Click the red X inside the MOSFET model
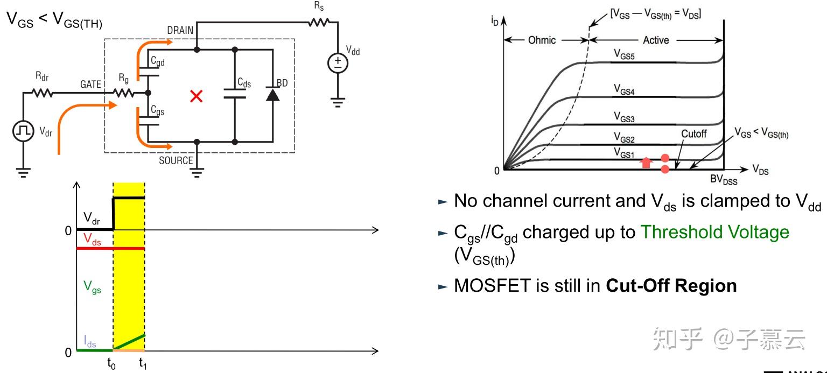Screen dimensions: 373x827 [197, 97]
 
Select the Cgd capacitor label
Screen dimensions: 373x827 [158, 62]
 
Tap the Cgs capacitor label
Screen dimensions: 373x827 [158, 111]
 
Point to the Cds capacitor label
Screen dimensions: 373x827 [245, 82]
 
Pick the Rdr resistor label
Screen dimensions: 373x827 [41, 77]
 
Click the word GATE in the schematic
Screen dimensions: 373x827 [90, 85]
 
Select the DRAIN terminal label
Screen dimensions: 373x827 [180, 30]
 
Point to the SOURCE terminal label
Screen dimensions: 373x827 [176, 160]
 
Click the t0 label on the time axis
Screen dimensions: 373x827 [111, 364]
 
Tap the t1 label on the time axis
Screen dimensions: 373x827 [143, 364]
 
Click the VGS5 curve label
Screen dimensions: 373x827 [625, 54]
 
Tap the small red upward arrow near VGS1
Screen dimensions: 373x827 [647, 163]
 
